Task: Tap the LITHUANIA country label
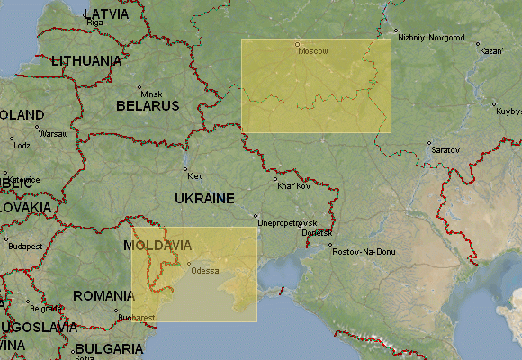(86, 61)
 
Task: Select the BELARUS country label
(148, 106)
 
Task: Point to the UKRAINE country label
(204, 198)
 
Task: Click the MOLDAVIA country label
(157, 245)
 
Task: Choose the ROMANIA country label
(103, 295)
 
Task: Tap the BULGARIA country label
(109, 348)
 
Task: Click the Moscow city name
(312, 51)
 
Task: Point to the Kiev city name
(195, 175)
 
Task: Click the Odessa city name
(203, 271)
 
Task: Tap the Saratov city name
(445, 149)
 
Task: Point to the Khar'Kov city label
(294, 186)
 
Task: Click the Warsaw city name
(53, 133)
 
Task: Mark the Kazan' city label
(491, 51)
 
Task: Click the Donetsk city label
(316, 233)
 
